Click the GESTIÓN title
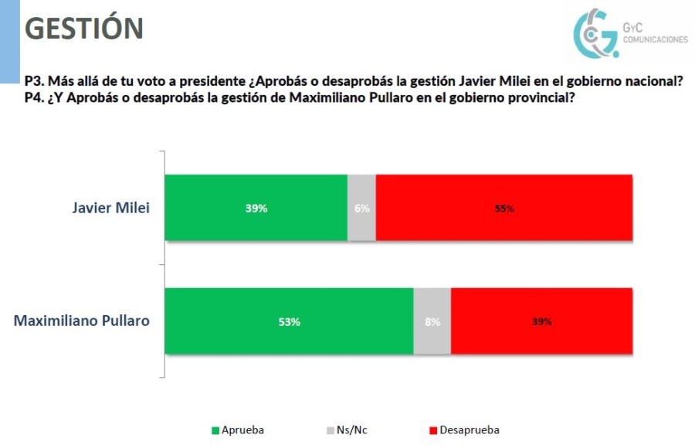[x=84, y=29]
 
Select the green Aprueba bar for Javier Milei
[x=256, y=208]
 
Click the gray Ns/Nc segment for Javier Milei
[x=361, y=208]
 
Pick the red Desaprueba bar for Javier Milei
[x=504, y=208]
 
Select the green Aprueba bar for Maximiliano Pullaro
[x=290, y=321]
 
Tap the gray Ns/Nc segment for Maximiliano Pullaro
[x=432, y=321]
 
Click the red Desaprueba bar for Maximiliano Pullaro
[x=541, y=321]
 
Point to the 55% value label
[x=504, y=209]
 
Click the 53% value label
[x=290, y=322]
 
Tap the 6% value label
[x=362, y=209]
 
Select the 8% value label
[x=432, y=322]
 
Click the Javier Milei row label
[x=110, y=207]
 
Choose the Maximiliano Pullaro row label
[x=82, y=321]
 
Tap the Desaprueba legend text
[x=470, y=430]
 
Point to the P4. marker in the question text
[x=34, y=97]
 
